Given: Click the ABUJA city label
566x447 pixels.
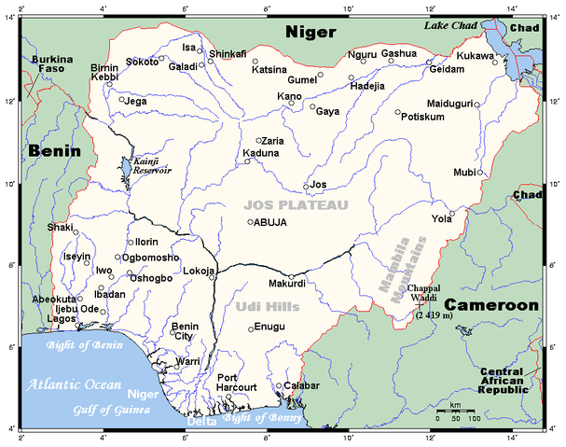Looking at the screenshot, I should point(271,222).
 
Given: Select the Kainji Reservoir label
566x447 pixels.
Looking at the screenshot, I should point(152,166).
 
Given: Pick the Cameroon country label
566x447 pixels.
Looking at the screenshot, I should point(490,305).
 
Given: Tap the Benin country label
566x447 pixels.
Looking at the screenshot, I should point(54,150).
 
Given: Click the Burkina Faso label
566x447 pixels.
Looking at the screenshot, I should point(51,65).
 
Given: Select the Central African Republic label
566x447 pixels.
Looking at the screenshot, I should point(509,381).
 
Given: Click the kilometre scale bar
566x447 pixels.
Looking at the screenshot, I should point(455,411).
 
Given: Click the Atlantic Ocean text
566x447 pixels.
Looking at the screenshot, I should point(74,384).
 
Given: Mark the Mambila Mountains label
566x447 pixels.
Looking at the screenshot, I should point(402,270).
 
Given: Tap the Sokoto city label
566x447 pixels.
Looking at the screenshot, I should point(142,62).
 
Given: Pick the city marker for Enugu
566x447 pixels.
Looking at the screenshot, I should point(250,328).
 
